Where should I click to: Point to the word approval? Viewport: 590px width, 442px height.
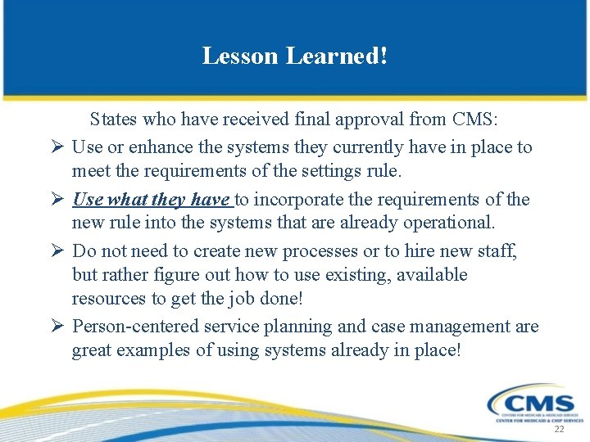coord(367,120)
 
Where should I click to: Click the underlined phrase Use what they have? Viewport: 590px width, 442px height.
coord(152,200)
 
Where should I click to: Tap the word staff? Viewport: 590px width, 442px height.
coord(498,251)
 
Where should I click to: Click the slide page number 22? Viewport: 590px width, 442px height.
coord(560,430)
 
